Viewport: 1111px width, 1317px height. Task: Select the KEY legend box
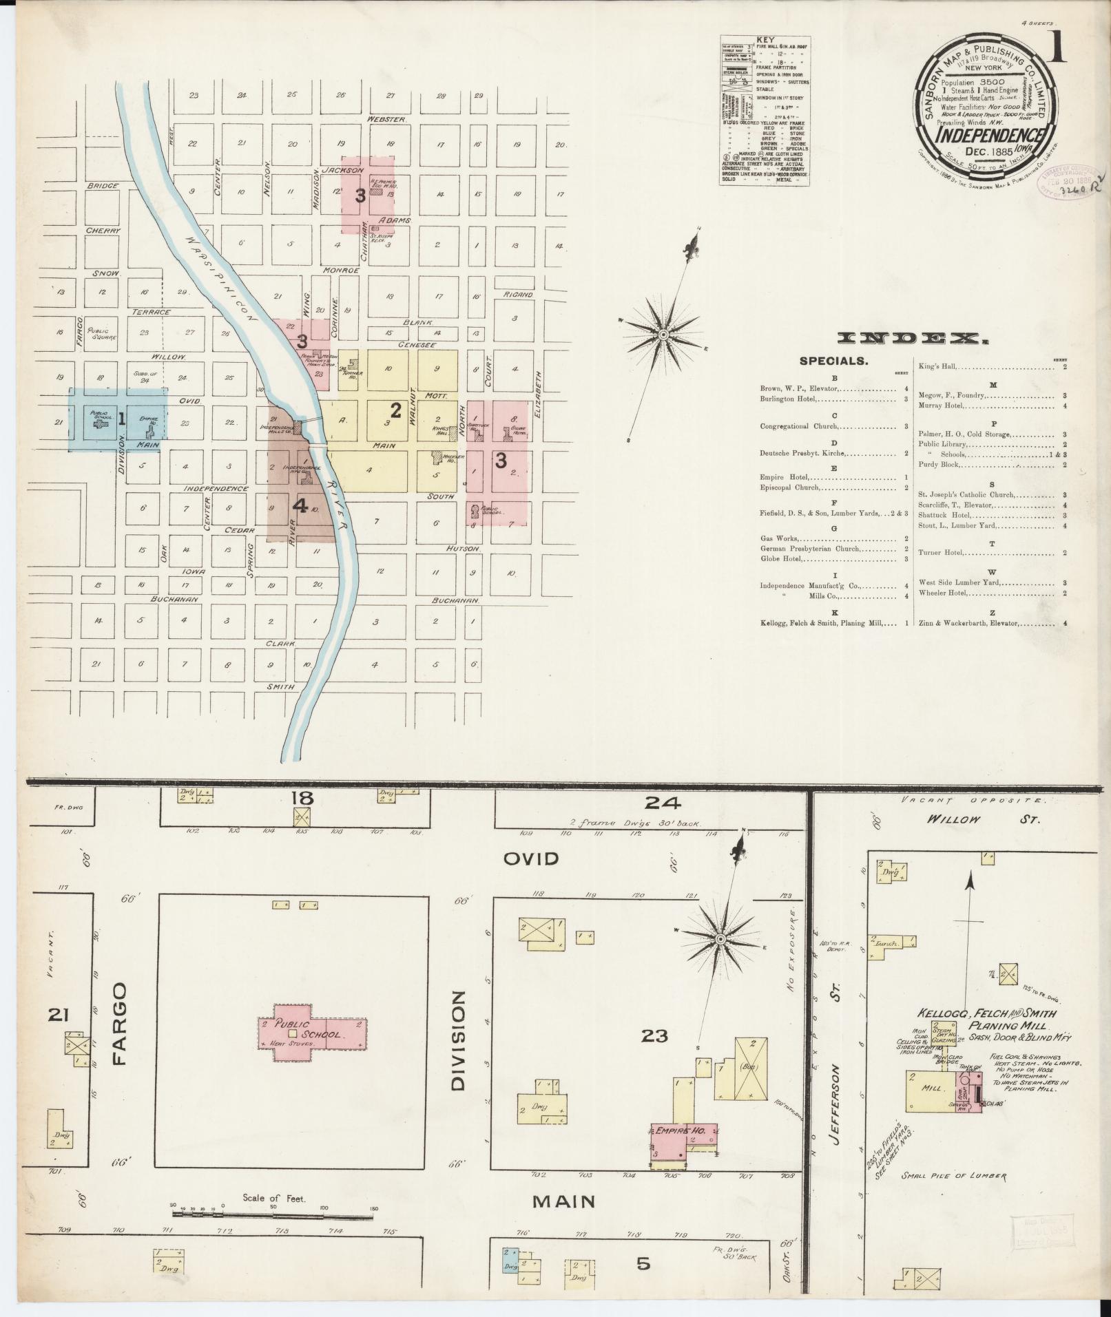click(x=765, y=110)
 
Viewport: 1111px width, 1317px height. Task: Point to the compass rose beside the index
click(x=663, y=334)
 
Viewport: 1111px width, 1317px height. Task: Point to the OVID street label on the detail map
click(x=530, y=858)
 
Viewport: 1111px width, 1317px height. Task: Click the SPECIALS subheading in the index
click(x=833, y=361)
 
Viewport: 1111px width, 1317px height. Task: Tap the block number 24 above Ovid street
click(x=663, y=802)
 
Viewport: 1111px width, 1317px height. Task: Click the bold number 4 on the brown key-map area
click(x=300, y=506)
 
